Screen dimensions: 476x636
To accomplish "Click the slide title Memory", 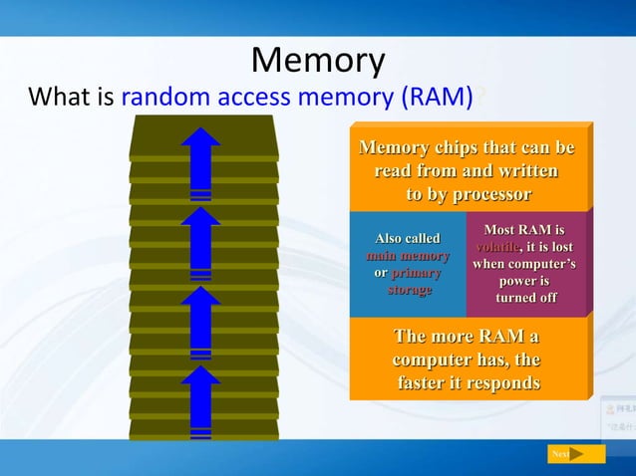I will [317, 62].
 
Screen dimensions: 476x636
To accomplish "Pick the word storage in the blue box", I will [409, 289].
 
